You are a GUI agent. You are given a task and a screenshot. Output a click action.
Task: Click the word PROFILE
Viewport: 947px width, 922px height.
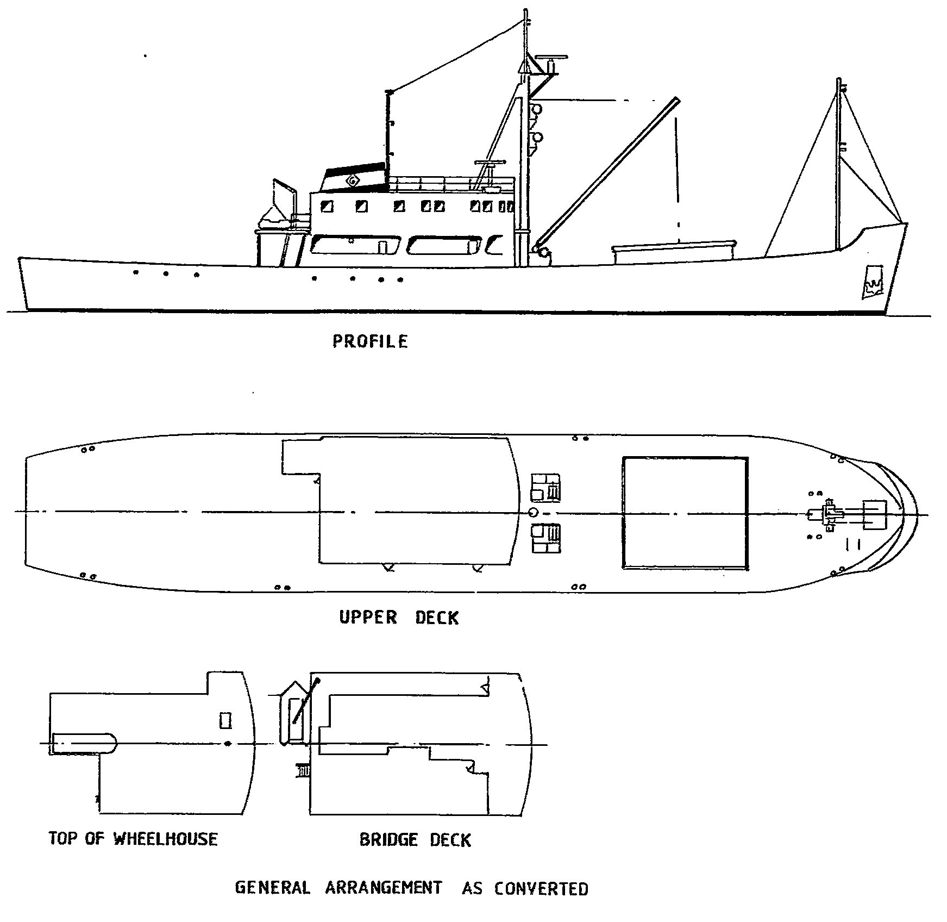click(370, 341)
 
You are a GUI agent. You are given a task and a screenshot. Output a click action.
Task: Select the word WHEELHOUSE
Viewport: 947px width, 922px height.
click(165, 839)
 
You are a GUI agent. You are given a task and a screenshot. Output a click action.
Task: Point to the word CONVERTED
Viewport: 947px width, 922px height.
click(541, 889)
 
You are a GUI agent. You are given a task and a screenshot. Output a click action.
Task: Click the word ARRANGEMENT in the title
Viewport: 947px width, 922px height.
click(383, 888)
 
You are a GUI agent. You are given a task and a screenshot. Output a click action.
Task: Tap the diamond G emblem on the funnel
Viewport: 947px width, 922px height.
click(353, 180)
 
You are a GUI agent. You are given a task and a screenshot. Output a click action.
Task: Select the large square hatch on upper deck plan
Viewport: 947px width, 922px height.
click(685, 513)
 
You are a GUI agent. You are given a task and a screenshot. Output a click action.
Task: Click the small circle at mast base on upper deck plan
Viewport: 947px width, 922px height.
click(533, 512)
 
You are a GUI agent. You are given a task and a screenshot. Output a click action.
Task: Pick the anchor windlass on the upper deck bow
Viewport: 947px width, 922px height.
click(829, 513)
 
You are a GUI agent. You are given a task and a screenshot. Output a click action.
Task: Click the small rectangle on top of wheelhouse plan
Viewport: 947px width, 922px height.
click(225, 721)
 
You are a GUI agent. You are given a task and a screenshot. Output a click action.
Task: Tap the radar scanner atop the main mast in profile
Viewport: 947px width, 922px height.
click(551, 57)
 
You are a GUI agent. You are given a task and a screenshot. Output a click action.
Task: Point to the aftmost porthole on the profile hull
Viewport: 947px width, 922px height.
click(136, 272)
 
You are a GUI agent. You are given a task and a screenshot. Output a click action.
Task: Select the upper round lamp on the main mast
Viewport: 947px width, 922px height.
click(537, 109)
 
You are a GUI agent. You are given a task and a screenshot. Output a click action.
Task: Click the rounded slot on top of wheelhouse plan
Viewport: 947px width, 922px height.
click(84, 743)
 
